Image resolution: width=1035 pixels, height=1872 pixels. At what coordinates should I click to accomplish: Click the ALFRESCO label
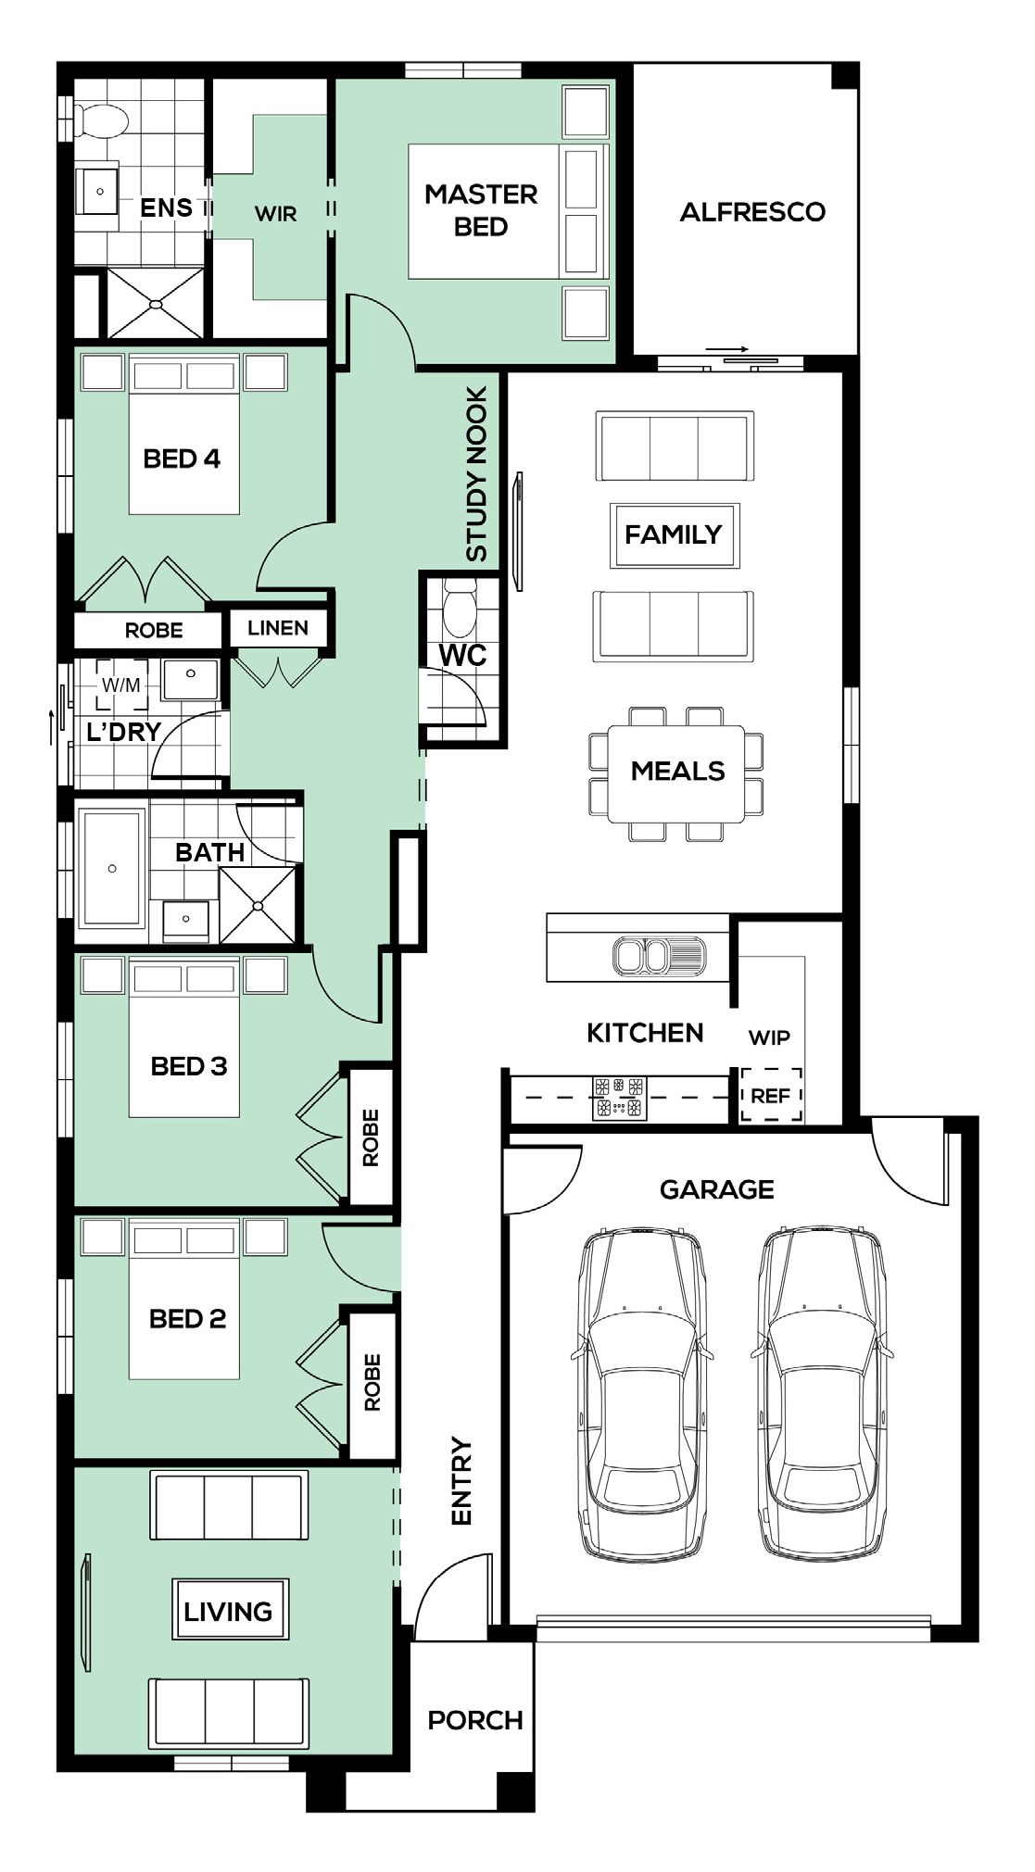pyautogui.click(x=752, y=212)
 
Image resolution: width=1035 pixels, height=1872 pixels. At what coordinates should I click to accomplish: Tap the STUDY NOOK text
pyautogui.click(x=476, y=474)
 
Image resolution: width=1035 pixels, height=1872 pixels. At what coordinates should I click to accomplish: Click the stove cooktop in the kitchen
pyautogui.click(x=619, y=1097)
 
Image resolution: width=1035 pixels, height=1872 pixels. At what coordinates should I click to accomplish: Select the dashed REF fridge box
pyautogui.click(x=770, y=1096)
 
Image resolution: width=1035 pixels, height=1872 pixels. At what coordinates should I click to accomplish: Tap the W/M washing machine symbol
pyautogui.click(x=121, y=685)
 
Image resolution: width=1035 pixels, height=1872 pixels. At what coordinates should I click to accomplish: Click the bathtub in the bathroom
pyautogui.click(x=111, y=868)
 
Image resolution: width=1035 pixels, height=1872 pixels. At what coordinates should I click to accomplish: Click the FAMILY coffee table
pyautogui.click(x=674, y=534)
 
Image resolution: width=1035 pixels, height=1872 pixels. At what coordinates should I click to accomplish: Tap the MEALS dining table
pyautogui.click(x=676, y=773)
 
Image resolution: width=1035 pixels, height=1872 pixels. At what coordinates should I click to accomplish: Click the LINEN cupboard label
pyautogui.click(x=278, y=628)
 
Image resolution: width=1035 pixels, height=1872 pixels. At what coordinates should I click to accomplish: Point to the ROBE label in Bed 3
pyautogui.click(x=372, y=1137)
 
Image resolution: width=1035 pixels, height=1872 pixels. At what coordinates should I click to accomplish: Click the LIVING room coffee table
pyautogui.click(x=229, y=1609)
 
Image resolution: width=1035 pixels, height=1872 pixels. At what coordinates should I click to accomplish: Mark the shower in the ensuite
pyautogui.click(x=156, y=303)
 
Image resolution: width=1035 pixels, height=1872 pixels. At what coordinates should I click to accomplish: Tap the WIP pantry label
pyautogui.click(x=769, y=1037)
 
